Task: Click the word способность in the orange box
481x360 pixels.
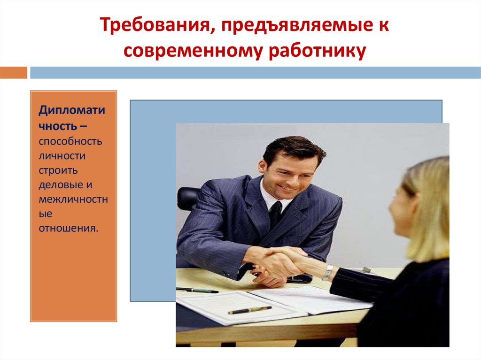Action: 70,141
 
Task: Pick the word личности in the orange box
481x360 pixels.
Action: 62,156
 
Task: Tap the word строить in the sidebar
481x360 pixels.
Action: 58,170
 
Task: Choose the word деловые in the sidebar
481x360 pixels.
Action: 56,185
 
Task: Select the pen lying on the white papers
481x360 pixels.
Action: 249,310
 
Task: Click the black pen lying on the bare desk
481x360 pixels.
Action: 197,290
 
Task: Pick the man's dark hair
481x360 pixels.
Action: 294,148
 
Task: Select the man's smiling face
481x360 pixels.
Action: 287,174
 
